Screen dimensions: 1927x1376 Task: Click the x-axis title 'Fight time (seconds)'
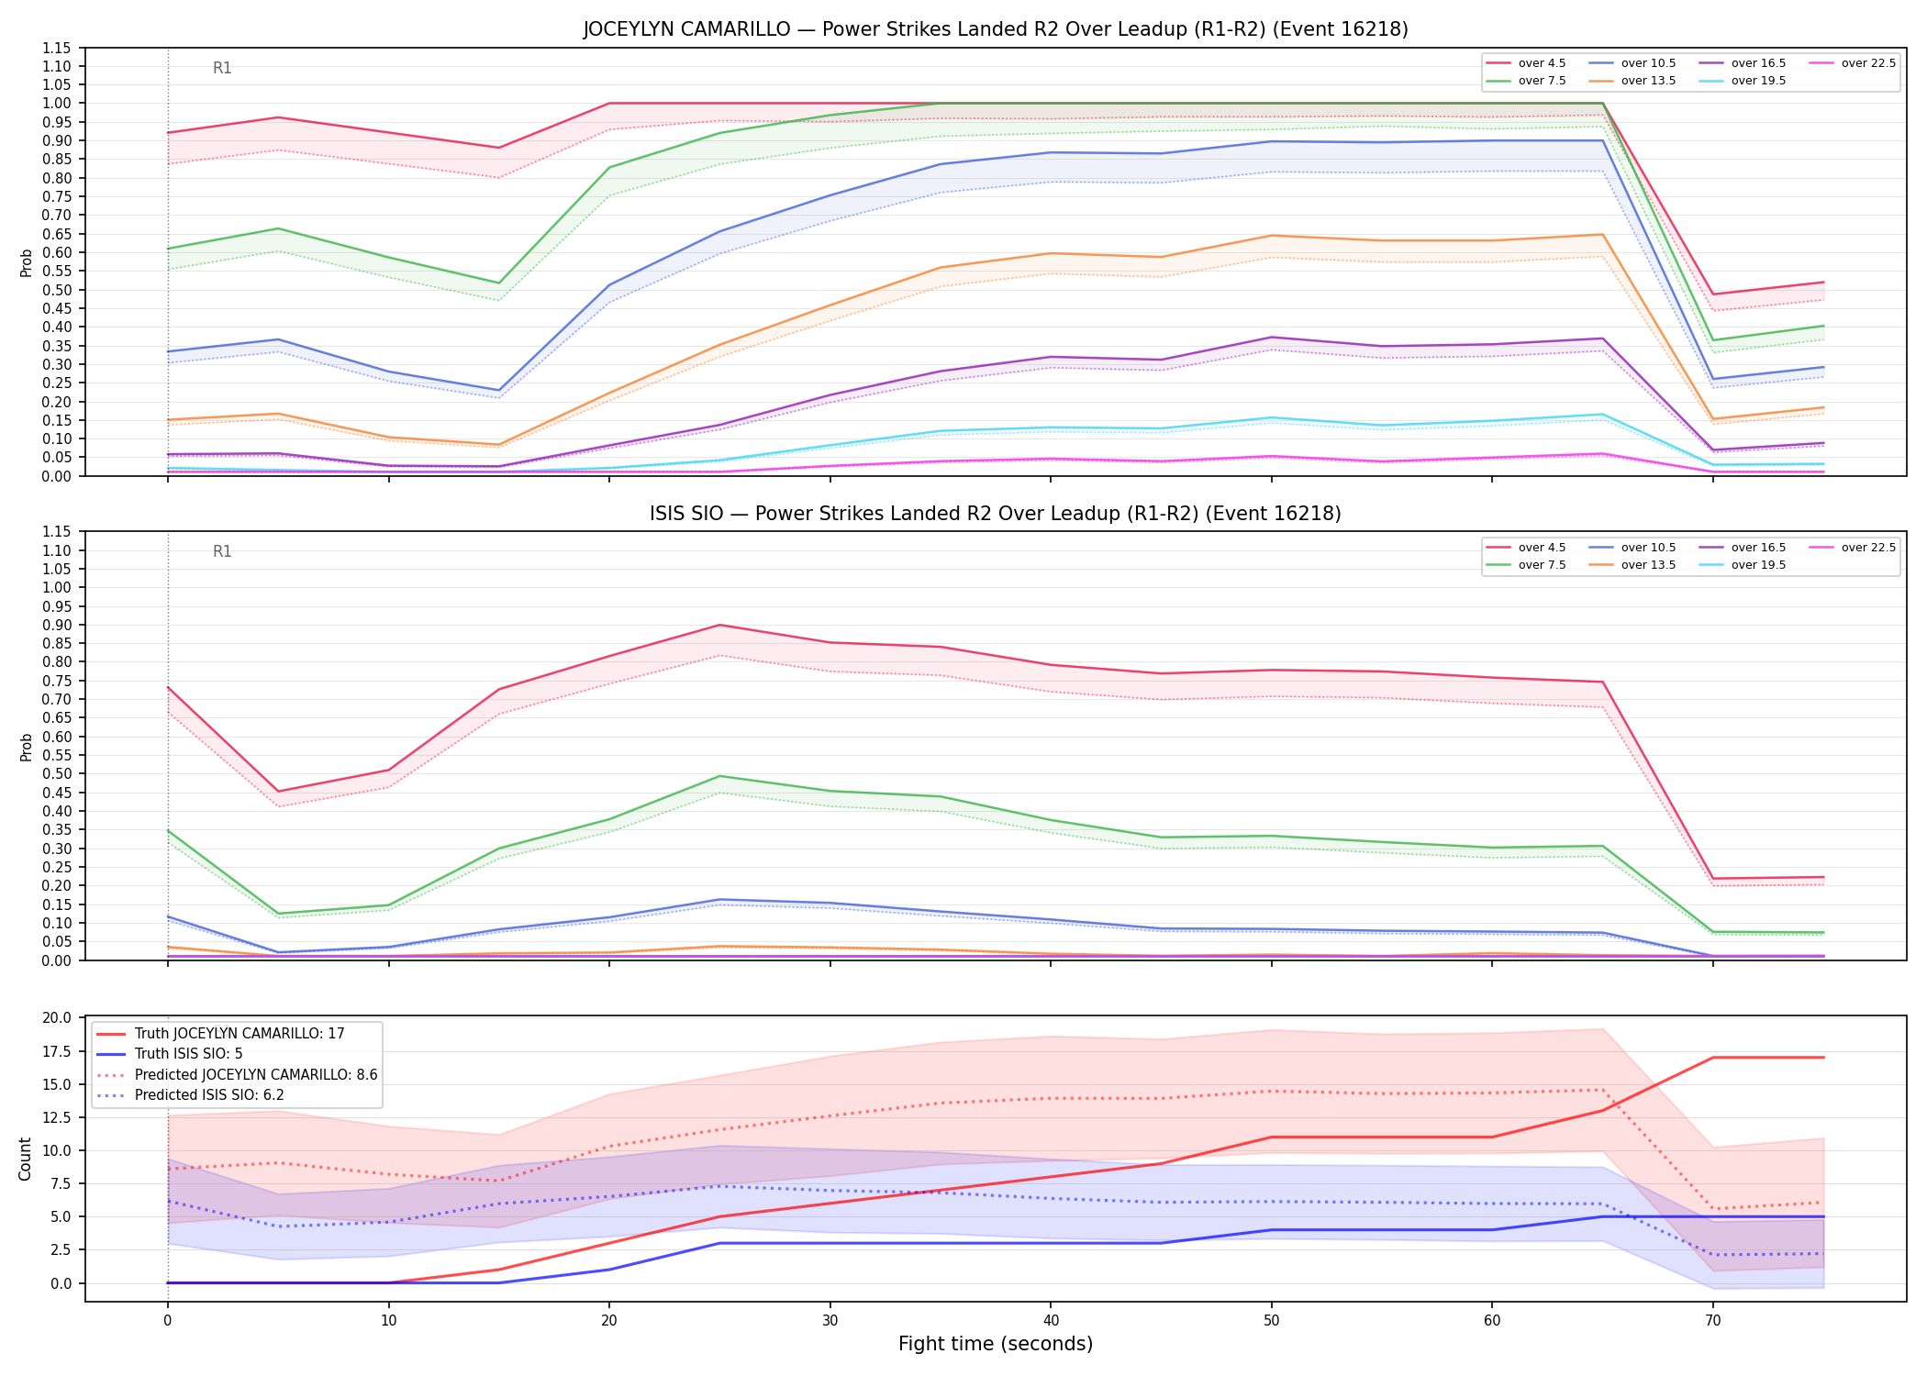(x=996, y=1344)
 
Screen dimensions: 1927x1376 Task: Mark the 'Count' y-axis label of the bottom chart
(x=25, y=1159)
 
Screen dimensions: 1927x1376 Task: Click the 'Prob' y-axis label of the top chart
(x=26, y=262)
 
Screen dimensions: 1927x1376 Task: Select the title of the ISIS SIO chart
(x=996, y=514)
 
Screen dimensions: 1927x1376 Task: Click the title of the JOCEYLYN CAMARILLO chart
(x=996, y=29)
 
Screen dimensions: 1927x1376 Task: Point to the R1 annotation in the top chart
(x=222, y=68)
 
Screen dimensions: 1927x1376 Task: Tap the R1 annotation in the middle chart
(x=222, y=551)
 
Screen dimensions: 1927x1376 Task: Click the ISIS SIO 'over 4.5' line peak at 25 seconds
(x=719, y=625)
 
